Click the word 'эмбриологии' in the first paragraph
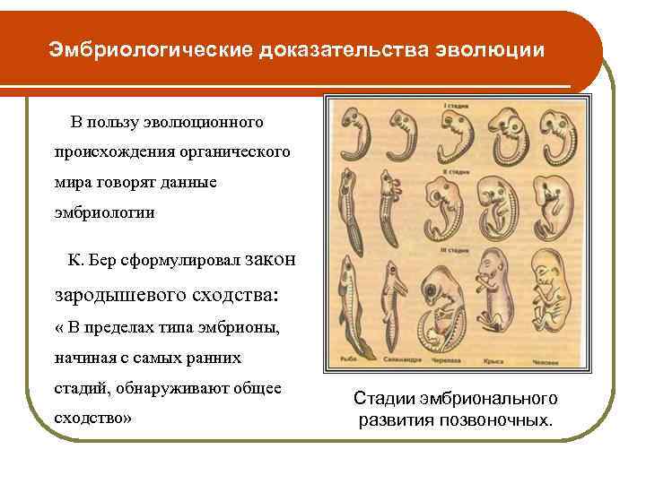pyautogui.click(x=104, y=213)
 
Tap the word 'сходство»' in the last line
pyautogui.click(x=93, y=418)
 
